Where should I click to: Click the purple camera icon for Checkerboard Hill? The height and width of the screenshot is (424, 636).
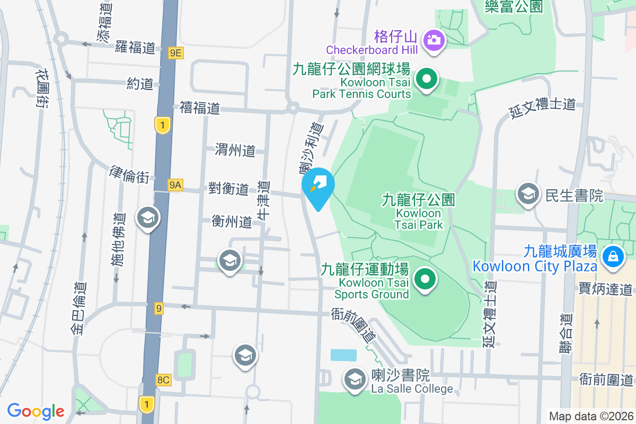point(434,40)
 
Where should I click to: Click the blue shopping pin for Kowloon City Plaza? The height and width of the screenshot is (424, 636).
point(613,257)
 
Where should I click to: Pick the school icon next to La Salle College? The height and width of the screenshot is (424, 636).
point(354,379)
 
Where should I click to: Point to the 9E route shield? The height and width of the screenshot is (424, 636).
point(176,52)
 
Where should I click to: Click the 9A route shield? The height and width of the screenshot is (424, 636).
point(175,185)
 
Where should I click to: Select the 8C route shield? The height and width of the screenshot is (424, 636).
point(163,379)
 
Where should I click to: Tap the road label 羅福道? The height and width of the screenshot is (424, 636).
point(135,47)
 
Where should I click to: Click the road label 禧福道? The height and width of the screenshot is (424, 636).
point(199,109)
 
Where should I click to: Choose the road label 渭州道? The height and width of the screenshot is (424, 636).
point(235,151)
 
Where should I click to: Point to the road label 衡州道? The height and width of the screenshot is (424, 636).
point(231,222)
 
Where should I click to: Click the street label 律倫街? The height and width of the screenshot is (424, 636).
point(129,174)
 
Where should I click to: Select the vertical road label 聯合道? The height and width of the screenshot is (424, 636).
point(567,333)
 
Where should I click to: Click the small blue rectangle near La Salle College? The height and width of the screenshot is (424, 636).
point(343,355)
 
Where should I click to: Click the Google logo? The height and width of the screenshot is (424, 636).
point(36,411)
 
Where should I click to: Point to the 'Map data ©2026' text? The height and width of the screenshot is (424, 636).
point(590,416)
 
